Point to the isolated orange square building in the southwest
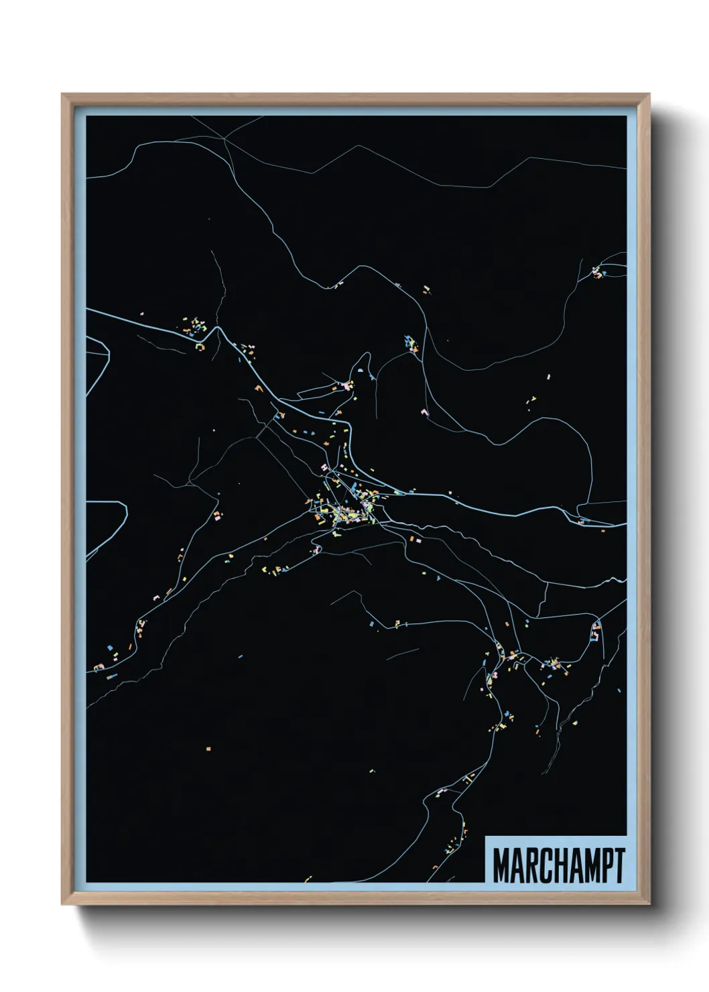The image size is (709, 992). coord(208,747)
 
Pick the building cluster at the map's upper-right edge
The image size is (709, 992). coord(596,272)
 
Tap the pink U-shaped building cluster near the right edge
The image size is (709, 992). coord(595,631)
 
